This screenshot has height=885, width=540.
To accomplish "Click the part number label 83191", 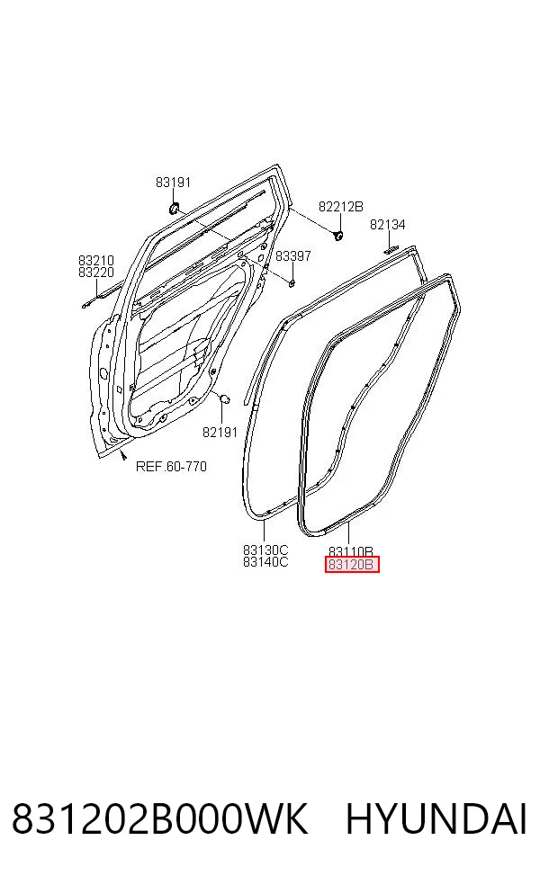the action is (174, 183).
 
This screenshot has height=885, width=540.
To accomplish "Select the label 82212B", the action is (340, 207).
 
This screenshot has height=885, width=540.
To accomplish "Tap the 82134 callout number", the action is (388, 225).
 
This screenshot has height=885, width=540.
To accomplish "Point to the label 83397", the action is (293, 255).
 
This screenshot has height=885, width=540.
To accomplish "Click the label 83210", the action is (96, 260).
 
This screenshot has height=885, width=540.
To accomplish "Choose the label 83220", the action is (96, 272).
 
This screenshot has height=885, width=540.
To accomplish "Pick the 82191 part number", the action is (220, 433).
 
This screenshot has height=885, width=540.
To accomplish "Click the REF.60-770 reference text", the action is (171, 466).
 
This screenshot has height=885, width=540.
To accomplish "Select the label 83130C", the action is (265, 550).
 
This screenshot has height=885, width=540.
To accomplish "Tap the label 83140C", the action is (265, 561).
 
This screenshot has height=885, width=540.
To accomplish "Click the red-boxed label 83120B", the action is (351, 565).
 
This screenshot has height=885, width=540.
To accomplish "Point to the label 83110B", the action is (351, 551).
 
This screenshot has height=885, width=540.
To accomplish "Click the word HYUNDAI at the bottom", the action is (436, 819).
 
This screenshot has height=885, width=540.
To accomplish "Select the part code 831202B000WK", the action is (160, 819).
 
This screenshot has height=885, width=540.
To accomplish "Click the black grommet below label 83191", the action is (174, 209).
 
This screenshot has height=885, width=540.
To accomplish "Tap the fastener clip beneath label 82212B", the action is (339, 234).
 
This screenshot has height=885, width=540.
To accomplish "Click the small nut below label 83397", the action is (292, 282).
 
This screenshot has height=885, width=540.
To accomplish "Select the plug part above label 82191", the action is (223, 399).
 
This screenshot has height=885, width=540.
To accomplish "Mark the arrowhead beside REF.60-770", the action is (123, 455).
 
